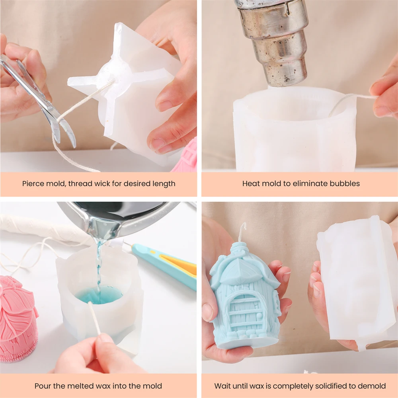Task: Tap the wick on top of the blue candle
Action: pyautogui.click(x=243, y=232)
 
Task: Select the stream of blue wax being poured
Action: pyautogui.click(x=98, y=269)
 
